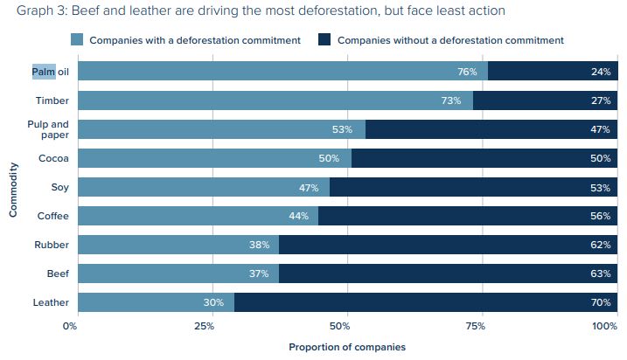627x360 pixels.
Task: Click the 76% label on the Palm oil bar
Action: click(x=466, y=72)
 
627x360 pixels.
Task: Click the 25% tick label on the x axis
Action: click(x=204, y=326)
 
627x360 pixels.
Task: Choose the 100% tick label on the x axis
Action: click(x=604, y=326)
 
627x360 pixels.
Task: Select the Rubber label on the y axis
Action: click(x=52, y=245)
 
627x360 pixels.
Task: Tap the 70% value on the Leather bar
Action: click(x=600, y=302)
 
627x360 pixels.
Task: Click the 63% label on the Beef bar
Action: click(x=600, y=273)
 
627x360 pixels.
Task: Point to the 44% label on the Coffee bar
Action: click(x=297, y=216)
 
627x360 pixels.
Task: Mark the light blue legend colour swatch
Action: click(x=77, y=40)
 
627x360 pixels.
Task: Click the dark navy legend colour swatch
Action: click(x=324, y=40)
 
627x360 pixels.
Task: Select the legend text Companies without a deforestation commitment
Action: click(x=449, y=40)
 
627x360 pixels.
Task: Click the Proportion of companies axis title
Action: click(x=347, y=347)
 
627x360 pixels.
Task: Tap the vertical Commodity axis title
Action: click(x=14, y=187)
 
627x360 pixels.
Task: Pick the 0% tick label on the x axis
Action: click(x=71, y=326)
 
